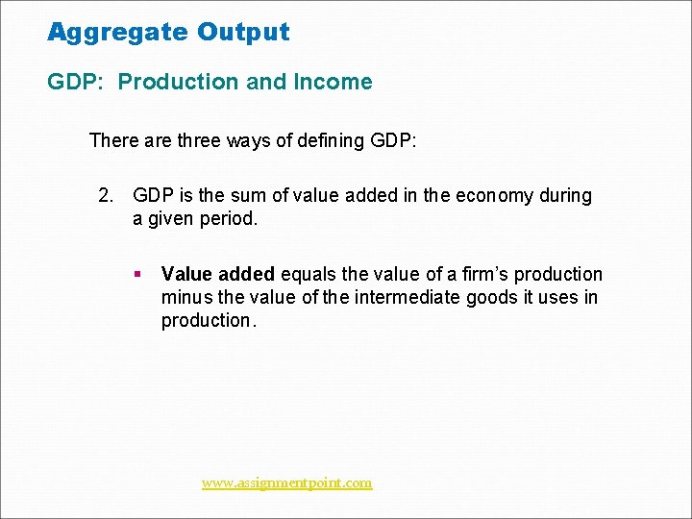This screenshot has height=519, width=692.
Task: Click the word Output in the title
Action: (243, 32)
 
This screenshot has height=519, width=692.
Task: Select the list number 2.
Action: (106, 196)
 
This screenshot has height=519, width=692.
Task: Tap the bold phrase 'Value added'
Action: (218, 275)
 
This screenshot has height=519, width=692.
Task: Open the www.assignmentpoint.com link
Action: (286, 482)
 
